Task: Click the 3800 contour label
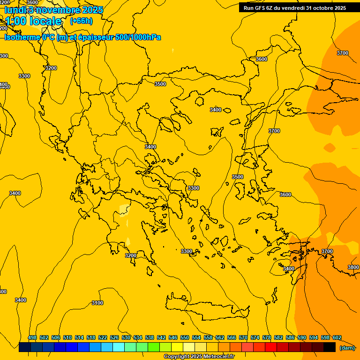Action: tap(353, 267)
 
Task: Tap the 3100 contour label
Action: tap(97, 303)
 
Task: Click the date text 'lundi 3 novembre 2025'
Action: tap(54, 10)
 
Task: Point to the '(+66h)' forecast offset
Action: tap(81, 21)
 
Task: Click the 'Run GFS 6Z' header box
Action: tap(294, 7)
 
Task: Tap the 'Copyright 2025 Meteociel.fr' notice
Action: tap(199, 357)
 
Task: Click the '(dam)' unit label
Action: tap(347, 347)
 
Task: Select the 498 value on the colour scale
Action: tap(32, 338)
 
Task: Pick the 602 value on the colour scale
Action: tap(337, 338)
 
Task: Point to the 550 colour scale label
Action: tap(185, 338)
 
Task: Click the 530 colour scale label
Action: tap(126, 338)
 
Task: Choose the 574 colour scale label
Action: tap(255, 338)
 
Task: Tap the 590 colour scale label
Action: tap(302, 338)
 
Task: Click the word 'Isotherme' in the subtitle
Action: tap(22, 37)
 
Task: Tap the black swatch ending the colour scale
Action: tap(330, 347)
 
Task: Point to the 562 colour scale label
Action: tap(220, 338)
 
